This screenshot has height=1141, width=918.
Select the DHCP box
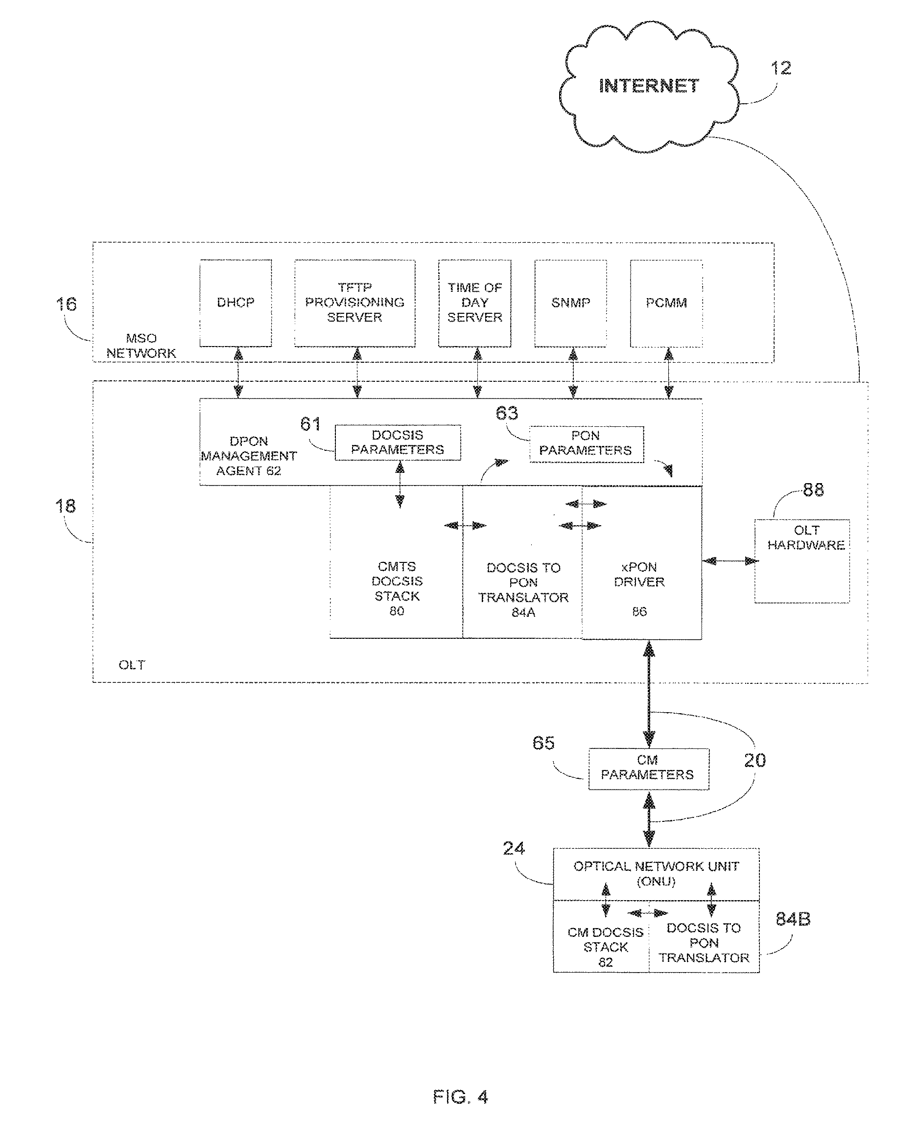click(235, 303)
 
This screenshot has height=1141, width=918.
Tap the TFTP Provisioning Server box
click(354, 303)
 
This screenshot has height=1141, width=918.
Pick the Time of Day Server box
click(474, 303)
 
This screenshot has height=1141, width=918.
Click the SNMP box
click(571, 303)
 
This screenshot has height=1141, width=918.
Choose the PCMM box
click(666, 303)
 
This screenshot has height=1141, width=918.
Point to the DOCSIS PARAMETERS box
click(398, 442)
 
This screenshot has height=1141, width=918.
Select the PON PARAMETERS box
click(586, 443)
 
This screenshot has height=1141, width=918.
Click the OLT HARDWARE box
click(802, 561)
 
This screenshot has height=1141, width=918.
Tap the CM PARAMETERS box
click(648, 768)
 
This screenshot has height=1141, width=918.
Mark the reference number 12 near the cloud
click(781, 68)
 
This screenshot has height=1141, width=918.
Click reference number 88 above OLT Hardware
click(813, 490)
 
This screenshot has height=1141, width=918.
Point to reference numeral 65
click(543, 743)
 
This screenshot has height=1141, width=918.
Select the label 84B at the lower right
click(793, 919)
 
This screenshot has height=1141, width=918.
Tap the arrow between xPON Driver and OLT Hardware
click(729, 561)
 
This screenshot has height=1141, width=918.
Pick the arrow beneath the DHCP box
click(238, 373)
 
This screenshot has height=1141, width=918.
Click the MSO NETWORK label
click(141, 346)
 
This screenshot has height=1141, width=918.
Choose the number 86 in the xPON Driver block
click(639, 612)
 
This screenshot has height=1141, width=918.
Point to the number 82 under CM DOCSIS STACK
click(606, 963)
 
